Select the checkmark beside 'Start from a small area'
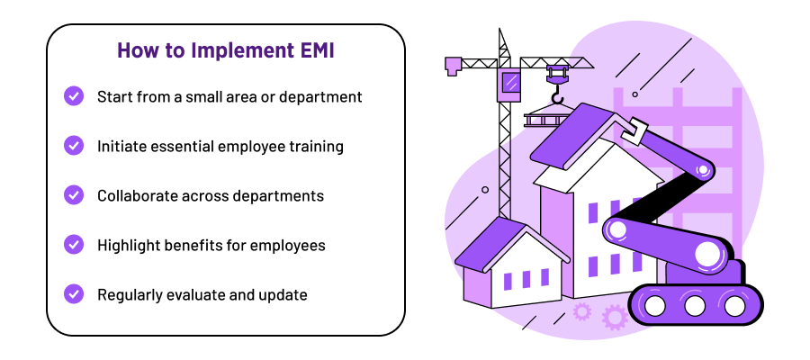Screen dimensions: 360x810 click(x=74, y=96)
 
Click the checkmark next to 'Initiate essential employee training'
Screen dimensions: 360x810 click(x=74, y=146)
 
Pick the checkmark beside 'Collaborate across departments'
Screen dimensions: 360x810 click(x=74, y=195)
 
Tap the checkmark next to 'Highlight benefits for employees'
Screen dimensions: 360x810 click(x=74, y=245)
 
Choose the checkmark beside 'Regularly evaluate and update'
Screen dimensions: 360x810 click(x=74, y=294)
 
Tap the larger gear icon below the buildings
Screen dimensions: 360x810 click(x=616, y=317)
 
